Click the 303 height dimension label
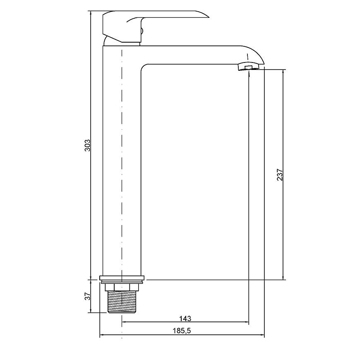pos(88,145)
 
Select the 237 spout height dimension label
pos(280,175)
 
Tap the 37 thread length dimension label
pos(88,296)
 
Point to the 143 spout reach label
pos(185,319)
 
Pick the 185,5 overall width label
pos(182,331)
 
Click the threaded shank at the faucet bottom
pos(122,302)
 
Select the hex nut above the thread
pos(122,287)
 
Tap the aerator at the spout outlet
pos(248,67)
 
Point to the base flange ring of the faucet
pos(122,278)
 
